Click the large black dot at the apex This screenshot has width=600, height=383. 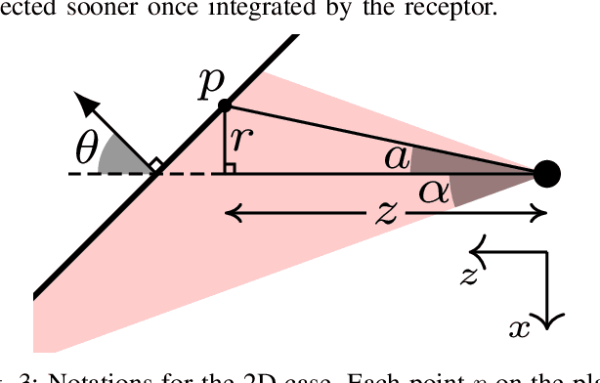(x=547, y=175)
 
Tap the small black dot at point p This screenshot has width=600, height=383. (x=224, y=105)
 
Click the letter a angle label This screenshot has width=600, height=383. (x=396, y=156)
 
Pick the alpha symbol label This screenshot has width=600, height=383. (x=435, y=191)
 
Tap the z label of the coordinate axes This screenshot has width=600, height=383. (x=468, y=277)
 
